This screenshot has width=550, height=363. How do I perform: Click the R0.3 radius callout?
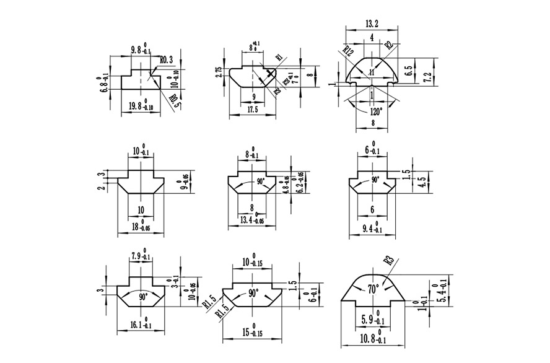pos(167,61)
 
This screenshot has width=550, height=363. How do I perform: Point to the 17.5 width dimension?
pos(251,110)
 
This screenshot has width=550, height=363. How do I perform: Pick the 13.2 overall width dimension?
pos(372,24)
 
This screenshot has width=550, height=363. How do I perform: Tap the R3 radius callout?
pos(389,261)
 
